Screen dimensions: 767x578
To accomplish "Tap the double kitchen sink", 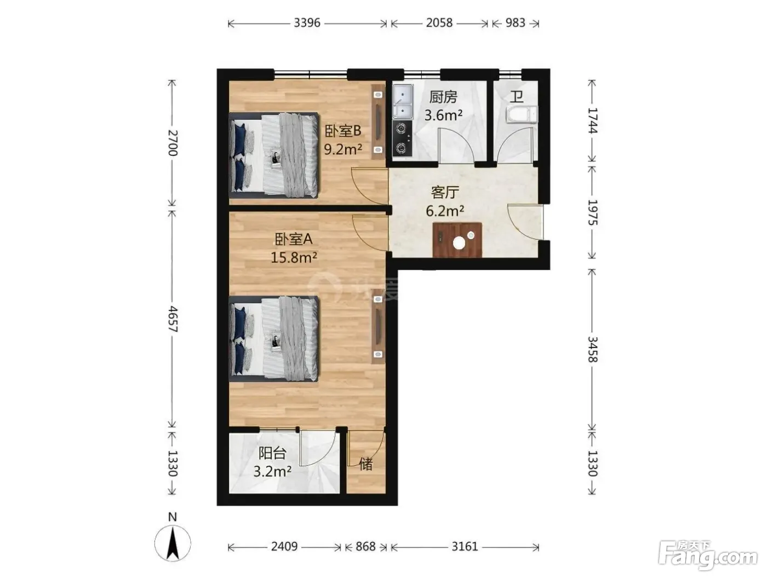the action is [403, 101].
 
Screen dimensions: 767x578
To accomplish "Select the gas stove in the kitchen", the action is [402, 138].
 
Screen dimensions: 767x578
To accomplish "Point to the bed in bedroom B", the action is [273, 155].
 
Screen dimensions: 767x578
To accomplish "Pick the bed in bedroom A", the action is [273, 339].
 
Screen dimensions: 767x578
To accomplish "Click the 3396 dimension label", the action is [307, 23].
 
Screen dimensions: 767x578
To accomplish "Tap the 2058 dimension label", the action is [439, 23].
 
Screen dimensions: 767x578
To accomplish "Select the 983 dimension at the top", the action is [515, 23].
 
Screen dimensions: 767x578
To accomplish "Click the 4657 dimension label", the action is [173, 319].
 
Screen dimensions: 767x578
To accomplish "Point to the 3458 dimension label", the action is [592, 349].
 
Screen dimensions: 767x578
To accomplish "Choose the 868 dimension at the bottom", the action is [365, 547].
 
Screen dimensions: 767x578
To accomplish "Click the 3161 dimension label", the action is [465, 547].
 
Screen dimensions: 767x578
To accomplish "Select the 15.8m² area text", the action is [294, 258].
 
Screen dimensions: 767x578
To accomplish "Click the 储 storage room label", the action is [365, 464].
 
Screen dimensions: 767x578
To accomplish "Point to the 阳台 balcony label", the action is [272, 453].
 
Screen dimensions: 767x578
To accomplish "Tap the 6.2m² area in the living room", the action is [445, 211].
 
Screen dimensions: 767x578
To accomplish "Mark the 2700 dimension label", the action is [173, 143].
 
